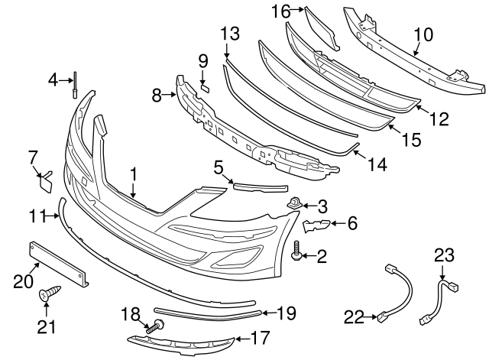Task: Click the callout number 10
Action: pos(424,35)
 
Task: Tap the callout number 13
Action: pos(231,34)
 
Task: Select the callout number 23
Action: pos(445,255)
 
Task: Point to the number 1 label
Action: pos(134,175)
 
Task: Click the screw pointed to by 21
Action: pos(50,294)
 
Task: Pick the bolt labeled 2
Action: pos(295,251)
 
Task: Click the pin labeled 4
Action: pos(75,85)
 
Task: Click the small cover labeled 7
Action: pos(46,182)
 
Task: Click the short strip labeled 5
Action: pos(261,187)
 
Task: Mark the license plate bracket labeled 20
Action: pos(59,263)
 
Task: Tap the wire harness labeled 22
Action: pos(397,292)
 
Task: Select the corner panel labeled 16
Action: pos(321,29)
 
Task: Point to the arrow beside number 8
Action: pos(170,95)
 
